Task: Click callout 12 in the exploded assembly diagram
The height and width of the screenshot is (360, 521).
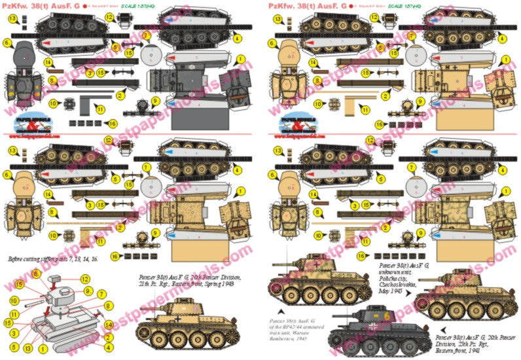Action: pos(85,279)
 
